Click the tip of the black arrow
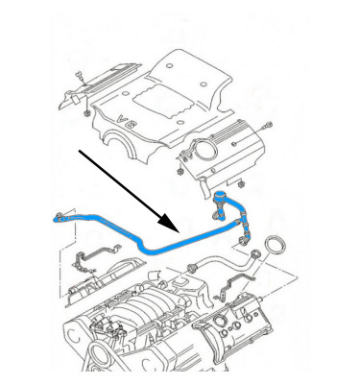178,231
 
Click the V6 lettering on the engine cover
124,121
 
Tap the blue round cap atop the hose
220,194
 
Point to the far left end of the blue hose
55,220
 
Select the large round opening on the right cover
204,149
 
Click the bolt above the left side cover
79,77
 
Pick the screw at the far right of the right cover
267,126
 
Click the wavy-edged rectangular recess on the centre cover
163,101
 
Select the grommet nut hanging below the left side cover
86,113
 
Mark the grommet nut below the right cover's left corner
180,171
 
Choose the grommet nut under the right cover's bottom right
241,184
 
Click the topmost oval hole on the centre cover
170,66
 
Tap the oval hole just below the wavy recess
180,122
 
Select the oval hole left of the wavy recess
126,93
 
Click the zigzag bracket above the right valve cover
236,282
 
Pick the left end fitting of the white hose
192,267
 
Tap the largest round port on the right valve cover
221,320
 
